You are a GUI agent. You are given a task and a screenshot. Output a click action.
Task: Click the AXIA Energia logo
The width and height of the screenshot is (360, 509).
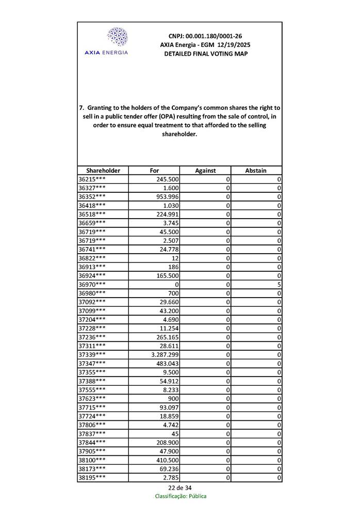coord(118,41)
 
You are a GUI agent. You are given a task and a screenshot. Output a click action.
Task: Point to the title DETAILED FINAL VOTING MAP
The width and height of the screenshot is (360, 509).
coord(205,54)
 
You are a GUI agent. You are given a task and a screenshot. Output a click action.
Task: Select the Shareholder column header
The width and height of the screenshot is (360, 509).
coord(103,170)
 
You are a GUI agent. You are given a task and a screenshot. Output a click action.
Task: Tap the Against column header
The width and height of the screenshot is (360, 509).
coord(205,170)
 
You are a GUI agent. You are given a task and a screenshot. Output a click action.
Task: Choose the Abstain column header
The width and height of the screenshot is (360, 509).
coord(256,170)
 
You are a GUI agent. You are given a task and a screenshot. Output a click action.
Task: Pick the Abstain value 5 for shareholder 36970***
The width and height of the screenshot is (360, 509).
coord(279,285)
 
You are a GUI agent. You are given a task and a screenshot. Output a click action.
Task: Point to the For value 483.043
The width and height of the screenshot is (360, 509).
coord(168,364)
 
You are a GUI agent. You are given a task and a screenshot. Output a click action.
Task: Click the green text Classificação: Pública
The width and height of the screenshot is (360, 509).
coord(181,496)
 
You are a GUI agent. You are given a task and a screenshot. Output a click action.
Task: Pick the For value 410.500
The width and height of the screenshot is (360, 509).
coord(168,460)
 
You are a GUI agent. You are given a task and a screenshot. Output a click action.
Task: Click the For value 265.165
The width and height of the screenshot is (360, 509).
coord(168,337)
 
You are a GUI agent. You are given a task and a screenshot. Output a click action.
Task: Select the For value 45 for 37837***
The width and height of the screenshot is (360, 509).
coord(175,434)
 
